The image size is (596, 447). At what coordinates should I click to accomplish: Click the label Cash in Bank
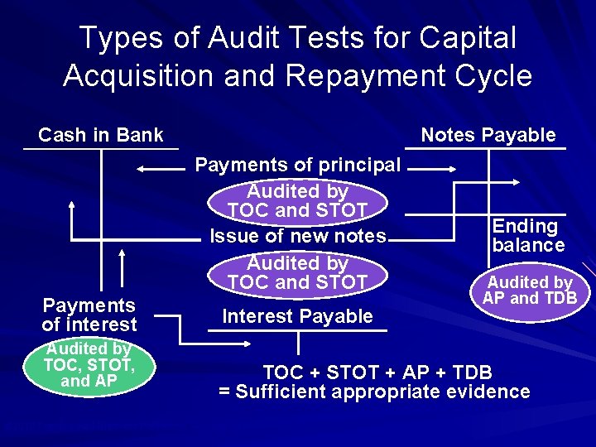pyautogui.click(x=100, y=135)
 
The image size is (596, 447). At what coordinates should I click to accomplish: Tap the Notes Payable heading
pyautogui.click(x=488, y=135)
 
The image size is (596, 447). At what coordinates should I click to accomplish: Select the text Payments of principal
pyautogui.click(x=298, y=166)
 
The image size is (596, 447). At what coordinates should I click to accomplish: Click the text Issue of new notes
pyautogui.click(x=298, y=236)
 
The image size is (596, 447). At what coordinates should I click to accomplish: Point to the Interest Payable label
pyautogui.click(x=297, y=316)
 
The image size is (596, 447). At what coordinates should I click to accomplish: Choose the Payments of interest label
pyautogui.click(x=89, y=315)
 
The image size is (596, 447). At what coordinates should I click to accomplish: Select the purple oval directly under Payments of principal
pyautogui.click(x=297, y=201)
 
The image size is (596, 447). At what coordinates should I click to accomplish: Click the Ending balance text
pyautogui.click(x=527, y=235)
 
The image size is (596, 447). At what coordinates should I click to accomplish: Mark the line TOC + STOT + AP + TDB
pyautogui.click(x=377, y=371)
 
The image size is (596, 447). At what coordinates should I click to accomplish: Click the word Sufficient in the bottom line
pyautogui.click(x=281, y=392)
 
